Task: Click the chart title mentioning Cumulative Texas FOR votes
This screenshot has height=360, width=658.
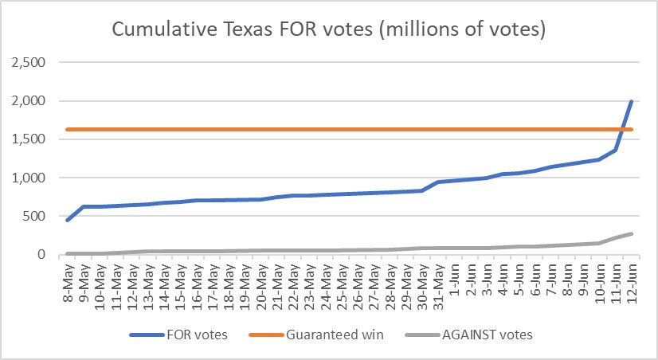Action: pyautogui.click(x=328, y=30)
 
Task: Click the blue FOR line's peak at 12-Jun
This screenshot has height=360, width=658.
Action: pyautogui.click(x=631, y=101)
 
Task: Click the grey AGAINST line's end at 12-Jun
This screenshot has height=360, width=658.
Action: pyautogui.click(x=631, y=233)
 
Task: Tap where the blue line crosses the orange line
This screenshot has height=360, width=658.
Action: pyautogui.click(x=622, y=129)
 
